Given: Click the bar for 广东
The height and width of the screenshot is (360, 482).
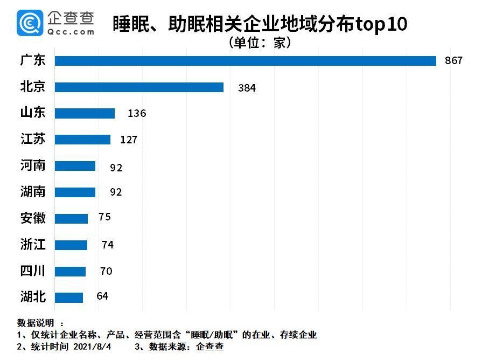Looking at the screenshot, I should pyautogui.click(x=245, y=61).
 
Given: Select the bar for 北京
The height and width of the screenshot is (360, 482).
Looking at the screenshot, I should pyautogui.click(x=139, y=87).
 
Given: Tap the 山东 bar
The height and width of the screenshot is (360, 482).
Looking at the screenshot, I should pyautogui.click(x=85, y=113).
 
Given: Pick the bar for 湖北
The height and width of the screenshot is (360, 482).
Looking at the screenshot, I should pyautogui.click(x=69, y=297).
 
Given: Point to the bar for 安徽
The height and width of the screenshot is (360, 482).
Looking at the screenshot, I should pyautogui.click(x=71, y=218).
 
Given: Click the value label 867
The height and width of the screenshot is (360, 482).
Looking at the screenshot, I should pyautogui.click(x=453, y=61).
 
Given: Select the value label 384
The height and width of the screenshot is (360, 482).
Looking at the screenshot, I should pyautogui.click(x=247, y=88).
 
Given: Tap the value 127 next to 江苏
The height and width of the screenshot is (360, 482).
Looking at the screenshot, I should pyautogui.click(x=129, y=140).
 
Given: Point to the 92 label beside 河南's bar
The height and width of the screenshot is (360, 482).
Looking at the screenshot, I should pyautogui.click(x=116, y=168).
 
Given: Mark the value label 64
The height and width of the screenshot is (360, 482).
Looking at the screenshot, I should pyautogui.click(x=102, y=296).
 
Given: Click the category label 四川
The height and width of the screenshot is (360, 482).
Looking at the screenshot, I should pyautogui.click(x=33, y=271).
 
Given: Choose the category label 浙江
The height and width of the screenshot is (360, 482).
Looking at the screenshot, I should pyautogui.click(x=33, y=245).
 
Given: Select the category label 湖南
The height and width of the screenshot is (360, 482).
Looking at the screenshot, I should pyautogui.click(x=33, y=192).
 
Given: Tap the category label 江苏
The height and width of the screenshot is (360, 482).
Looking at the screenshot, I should pyautogui.click(x=33, y=140).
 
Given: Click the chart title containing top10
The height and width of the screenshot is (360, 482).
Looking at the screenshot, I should pyautogui.click(x=260, y=24).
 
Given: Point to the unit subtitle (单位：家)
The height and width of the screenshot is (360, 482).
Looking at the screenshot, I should pyautogui.click(x=260, y=43).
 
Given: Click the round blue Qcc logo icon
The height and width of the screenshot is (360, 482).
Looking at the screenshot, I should pyautogui.click(x=30, y=23).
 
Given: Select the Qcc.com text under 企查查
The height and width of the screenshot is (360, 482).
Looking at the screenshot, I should pyautogui.click(x=71, y=32).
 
